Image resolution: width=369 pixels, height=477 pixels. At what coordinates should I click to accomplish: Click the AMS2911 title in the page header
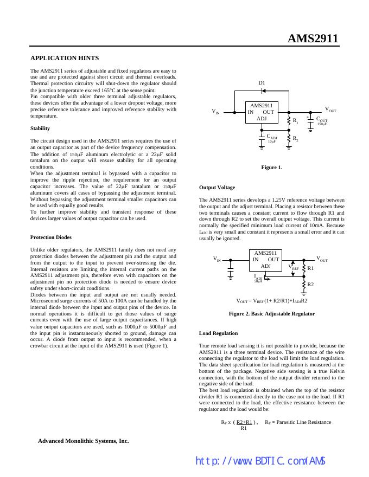(x=313, y=38)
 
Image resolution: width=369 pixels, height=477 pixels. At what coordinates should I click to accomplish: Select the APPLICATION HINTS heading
(x=65, y=57)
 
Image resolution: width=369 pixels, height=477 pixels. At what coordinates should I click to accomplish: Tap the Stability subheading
(x=40, y=128)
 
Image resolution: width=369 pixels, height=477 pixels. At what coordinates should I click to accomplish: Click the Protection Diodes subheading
(x=51, y=237)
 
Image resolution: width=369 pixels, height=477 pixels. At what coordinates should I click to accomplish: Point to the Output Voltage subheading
(x=217, y=188)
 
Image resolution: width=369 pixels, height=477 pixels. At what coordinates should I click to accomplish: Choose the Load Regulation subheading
(x=218, y=333)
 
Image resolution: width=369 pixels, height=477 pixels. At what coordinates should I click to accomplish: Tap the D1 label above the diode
(x=262, y=83)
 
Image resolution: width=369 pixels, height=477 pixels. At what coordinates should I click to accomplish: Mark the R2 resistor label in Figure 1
(x=296, y=139)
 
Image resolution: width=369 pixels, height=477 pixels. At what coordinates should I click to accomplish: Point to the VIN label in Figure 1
(x=215, y=112)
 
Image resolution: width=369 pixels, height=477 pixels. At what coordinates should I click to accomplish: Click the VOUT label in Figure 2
(x=322, y=259)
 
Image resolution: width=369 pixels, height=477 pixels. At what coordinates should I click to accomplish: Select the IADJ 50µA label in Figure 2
(x=258, y=278)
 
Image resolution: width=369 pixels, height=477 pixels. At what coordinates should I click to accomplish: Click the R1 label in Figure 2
(x=310, y=268)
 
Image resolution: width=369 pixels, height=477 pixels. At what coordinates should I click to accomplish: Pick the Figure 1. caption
(x=271, y=167)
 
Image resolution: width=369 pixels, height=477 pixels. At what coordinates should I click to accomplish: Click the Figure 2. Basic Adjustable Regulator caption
(x=271, y=314)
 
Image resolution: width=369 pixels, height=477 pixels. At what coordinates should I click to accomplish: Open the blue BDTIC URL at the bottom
(x=260, y=461)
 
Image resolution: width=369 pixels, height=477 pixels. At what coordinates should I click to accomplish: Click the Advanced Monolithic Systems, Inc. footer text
(x=84, y=441)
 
